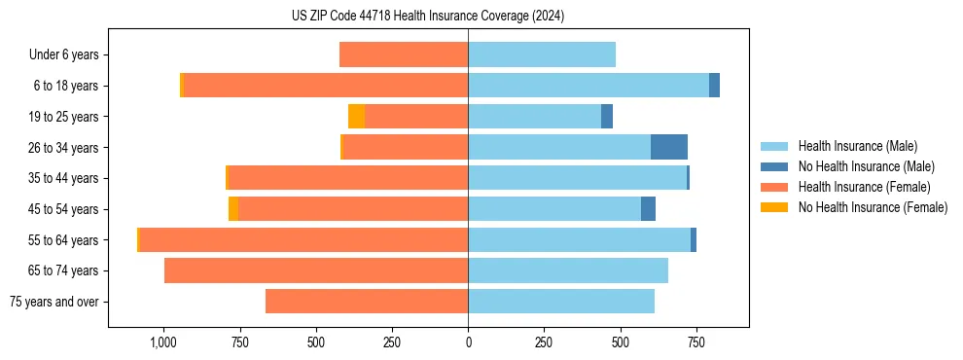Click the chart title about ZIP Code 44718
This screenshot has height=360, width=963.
pyautogui.click(x=428, y=17)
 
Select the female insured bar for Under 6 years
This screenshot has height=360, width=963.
pyautogui.click(x=404, y=54)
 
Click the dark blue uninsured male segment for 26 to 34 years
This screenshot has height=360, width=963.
pyautogui.click(x=669, y=147)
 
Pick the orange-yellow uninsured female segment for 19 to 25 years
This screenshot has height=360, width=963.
pyautogui.click(x=356, y=117)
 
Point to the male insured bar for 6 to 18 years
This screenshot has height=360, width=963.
pyautogui.click(x=588, y=86)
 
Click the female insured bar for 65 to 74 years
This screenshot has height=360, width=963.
pyautogui.click(x=316, y=270)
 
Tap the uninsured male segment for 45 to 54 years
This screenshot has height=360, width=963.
pyautogui.click(x=648, y=209)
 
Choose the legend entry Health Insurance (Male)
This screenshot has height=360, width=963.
pyautogui.click(x=857, y=146)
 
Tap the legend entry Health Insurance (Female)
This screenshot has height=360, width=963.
pyautogui.click(x=862, y=187)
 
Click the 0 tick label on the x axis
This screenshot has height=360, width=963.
pyautogui.click(x=468, y=342)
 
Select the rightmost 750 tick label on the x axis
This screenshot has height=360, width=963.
pyautogui.click(x=696, y=342)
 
